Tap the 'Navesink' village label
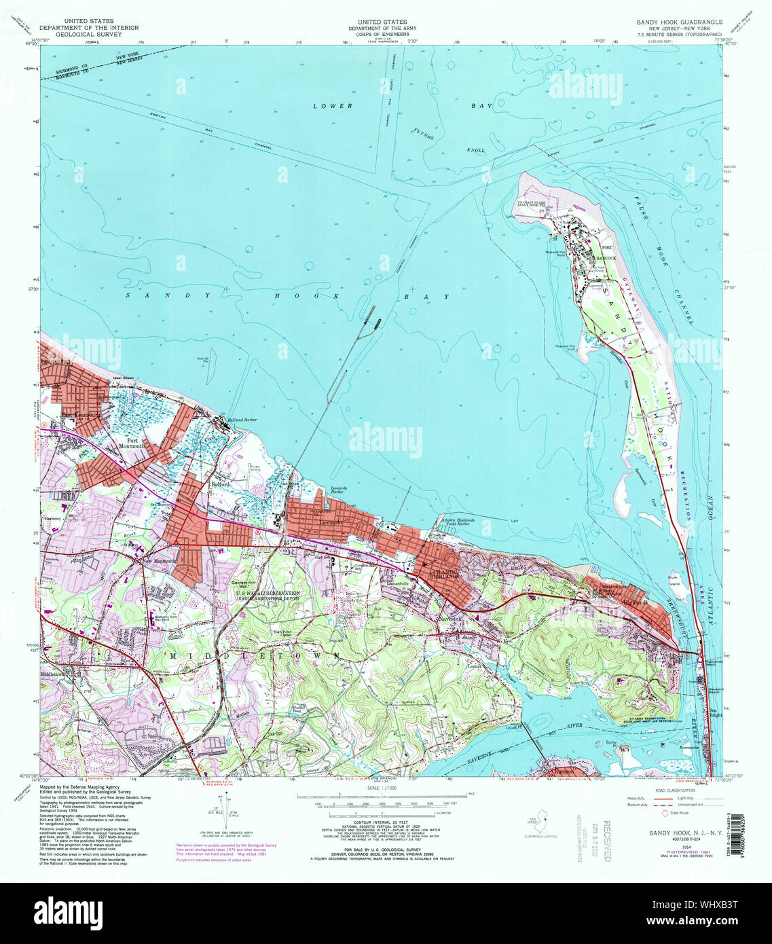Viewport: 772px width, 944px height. point(454,620)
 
